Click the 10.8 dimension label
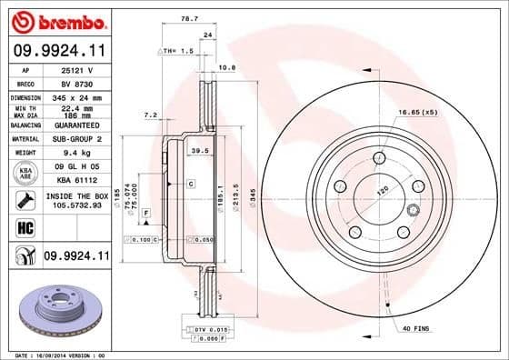click(229, 67)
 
